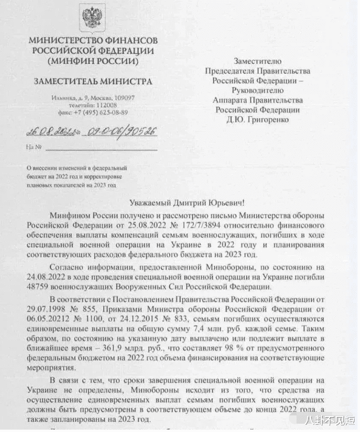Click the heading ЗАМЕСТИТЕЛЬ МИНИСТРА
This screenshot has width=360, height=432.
92,81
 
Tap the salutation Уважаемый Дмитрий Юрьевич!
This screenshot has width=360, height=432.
180,204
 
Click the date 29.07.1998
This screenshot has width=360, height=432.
47,309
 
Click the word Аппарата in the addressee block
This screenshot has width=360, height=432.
232,100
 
